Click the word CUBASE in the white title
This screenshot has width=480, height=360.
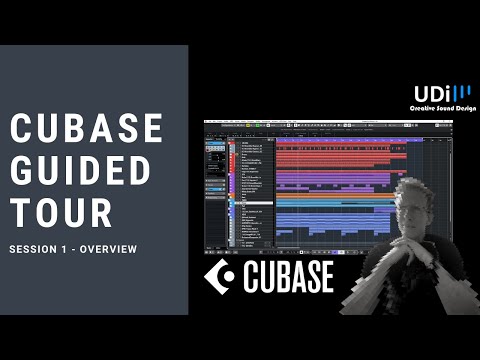[86, 128]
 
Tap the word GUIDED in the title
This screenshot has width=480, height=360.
[86, 169]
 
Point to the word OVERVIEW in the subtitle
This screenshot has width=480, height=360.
[109, 249]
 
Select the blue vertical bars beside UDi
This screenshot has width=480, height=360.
[464, 93]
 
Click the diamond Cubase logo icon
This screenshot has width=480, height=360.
[219, 277]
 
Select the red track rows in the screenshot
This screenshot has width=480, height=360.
[330, 151]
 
